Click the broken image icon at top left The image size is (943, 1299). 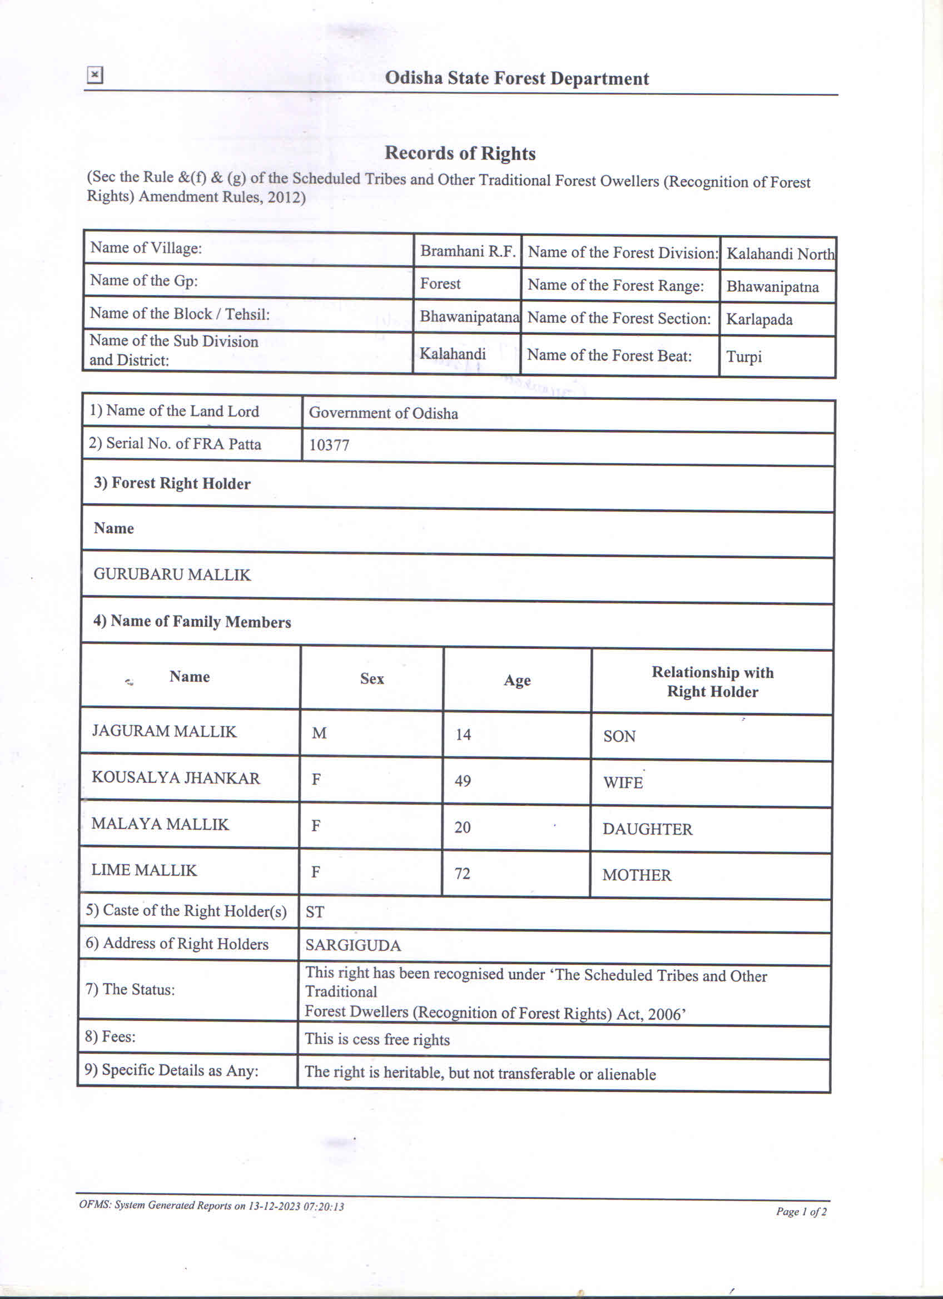click(95, 75)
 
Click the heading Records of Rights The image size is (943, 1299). click(460, 153)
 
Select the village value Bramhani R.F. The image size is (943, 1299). click(468, 251)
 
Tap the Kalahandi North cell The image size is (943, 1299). click(780, 254)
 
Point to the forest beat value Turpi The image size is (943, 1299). click(744, 356)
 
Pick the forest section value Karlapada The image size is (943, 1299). click(759, 319)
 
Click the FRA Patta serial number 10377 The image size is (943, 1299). click(329, 445)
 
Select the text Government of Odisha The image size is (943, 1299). click(383, 413)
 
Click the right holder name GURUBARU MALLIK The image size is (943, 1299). click(172, 574)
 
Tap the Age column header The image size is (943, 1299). click(517, 681)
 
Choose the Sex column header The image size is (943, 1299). click(371, 679)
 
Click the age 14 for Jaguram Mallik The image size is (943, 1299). click(463, 734)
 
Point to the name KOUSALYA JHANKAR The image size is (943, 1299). click(176, 778)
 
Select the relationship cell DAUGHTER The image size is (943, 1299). click(647, 829)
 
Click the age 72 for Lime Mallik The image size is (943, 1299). click(462, 874)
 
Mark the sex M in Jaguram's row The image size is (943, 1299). click(319, 733)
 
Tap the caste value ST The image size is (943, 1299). click(315, 912)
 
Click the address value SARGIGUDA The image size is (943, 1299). click(353, 945)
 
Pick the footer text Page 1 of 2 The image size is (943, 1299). click(801, 1211)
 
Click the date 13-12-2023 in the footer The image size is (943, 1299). click(274, 1206)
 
